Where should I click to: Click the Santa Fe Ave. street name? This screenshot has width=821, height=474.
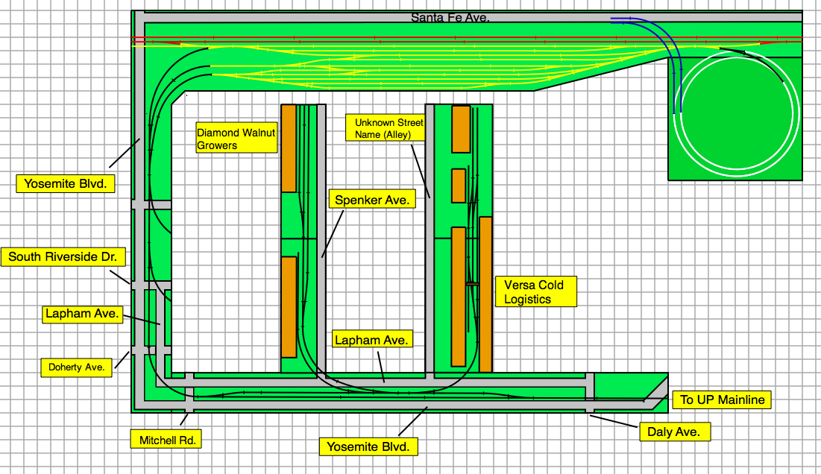450,18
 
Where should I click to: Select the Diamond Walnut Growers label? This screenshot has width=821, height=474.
236,138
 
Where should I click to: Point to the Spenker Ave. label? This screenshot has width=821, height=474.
372,199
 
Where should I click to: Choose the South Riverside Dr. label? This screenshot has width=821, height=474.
63,257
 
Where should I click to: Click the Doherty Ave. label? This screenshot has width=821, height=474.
77,367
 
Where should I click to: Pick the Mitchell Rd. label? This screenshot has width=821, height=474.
166,440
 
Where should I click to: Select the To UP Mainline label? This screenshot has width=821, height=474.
722,399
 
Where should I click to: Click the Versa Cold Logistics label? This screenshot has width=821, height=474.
535,291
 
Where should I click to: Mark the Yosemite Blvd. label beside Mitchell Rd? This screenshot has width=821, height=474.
368,446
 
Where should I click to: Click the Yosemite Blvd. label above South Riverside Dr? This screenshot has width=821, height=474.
66,183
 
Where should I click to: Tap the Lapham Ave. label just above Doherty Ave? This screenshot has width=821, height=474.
82,314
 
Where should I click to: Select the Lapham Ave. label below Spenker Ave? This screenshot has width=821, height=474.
372,340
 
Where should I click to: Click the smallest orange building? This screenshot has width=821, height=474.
459,186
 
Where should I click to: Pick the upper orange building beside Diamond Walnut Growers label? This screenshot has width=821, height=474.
289,148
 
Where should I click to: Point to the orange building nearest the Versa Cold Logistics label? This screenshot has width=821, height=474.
485,294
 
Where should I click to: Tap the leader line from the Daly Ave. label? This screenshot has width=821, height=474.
614,421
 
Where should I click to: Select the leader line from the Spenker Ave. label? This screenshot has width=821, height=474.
333,233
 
